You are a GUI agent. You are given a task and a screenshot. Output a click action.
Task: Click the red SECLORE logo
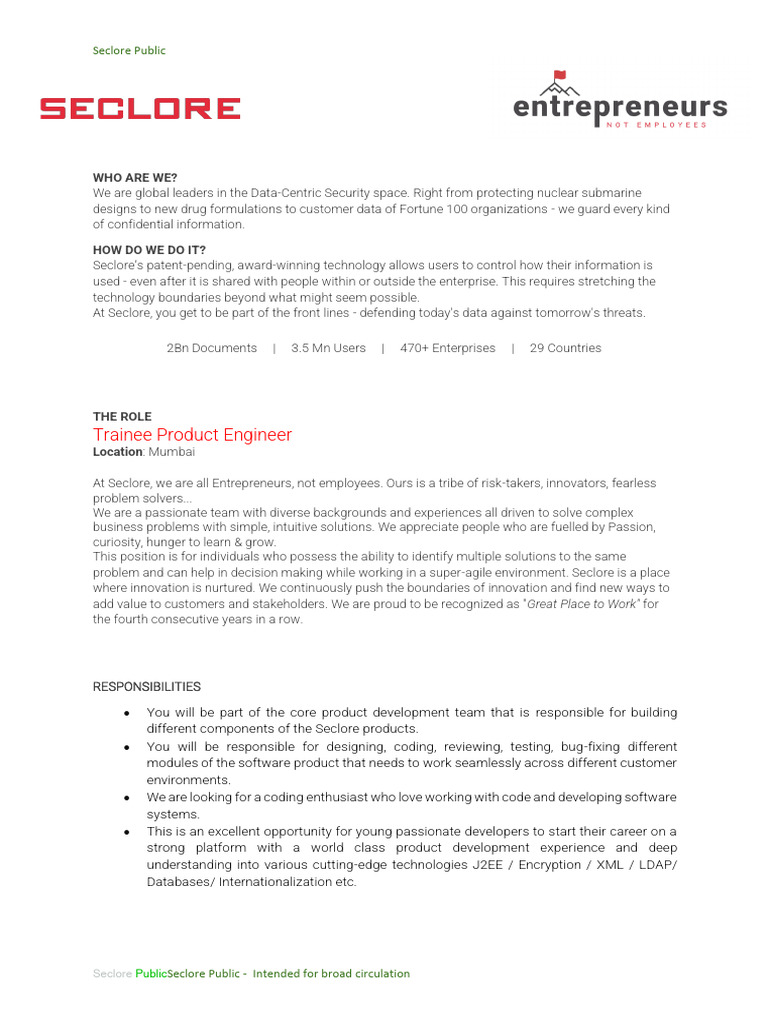coord(140,108)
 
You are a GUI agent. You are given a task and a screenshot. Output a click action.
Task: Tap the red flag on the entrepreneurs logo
coord(560,75)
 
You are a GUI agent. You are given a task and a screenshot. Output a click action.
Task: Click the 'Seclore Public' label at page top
coord(129,50)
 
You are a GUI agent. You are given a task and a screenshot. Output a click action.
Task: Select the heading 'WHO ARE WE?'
coord(135,177)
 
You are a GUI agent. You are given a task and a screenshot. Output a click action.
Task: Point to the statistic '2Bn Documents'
coord(212,348)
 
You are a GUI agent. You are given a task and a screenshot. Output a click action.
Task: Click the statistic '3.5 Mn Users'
coord(328,348)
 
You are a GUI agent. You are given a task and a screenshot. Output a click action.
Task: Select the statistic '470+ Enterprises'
coord(447,348)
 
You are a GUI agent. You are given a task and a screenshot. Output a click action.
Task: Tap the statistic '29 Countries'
coord(565,348)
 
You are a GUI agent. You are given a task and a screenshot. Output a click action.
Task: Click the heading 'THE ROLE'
coord(122,416)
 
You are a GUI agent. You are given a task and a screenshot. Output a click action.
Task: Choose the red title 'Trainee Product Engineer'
coord(192,435)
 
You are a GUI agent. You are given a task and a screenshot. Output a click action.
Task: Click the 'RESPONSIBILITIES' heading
coord(146,687)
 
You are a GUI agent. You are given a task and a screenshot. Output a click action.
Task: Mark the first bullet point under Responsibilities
coord(127,713)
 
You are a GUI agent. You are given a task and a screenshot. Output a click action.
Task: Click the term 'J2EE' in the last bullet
coord(491,865)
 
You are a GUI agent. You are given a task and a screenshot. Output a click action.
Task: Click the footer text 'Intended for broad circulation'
coord(331,973)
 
